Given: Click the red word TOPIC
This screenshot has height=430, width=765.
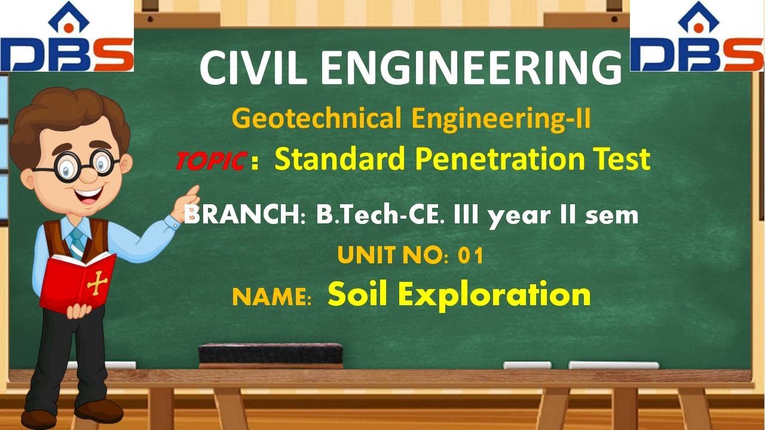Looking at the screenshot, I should [211, 161].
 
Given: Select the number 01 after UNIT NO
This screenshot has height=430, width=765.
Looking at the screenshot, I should [470, 256].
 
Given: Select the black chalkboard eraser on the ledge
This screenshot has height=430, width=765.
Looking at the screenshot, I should [271, 354].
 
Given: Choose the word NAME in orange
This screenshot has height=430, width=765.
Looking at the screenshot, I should [271, 297].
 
